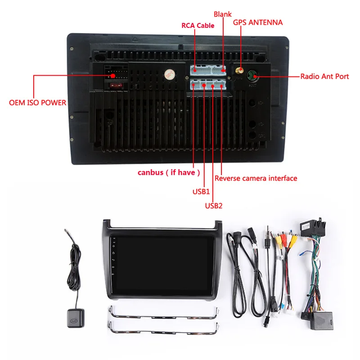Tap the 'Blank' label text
click(x=222, y=14)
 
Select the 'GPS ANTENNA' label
click(x=257, y=22)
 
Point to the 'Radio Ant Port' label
click(x=324, y=76)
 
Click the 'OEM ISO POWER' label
click(x=38, y=103)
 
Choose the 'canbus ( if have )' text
click(x=168, y=173)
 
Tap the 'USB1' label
click(x=202, y=192)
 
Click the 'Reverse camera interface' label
click(x=256, y=178)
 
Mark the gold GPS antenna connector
click(x=240, y=71)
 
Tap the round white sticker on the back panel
click(x=169, y=74)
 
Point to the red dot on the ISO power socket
click(x=112, y=76)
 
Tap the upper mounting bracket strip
click(x=163, y=314)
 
